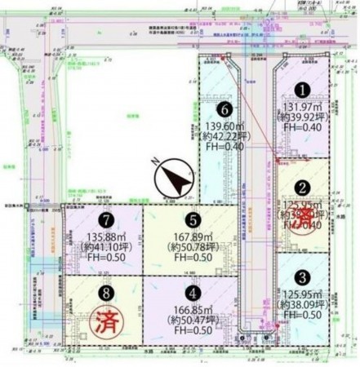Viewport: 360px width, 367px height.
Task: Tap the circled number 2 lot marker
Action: coord(301,187)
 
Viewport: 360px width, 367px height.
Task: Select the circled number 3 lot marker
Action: coord(301,276)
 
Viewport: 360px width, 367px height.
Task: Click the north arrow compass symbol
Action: coord(174,179)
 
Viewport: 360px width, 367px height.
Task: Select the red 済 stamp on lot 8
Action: coord(105,320)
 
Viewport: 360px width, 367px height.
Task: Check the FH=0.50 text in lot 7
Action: coord(105,259)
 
